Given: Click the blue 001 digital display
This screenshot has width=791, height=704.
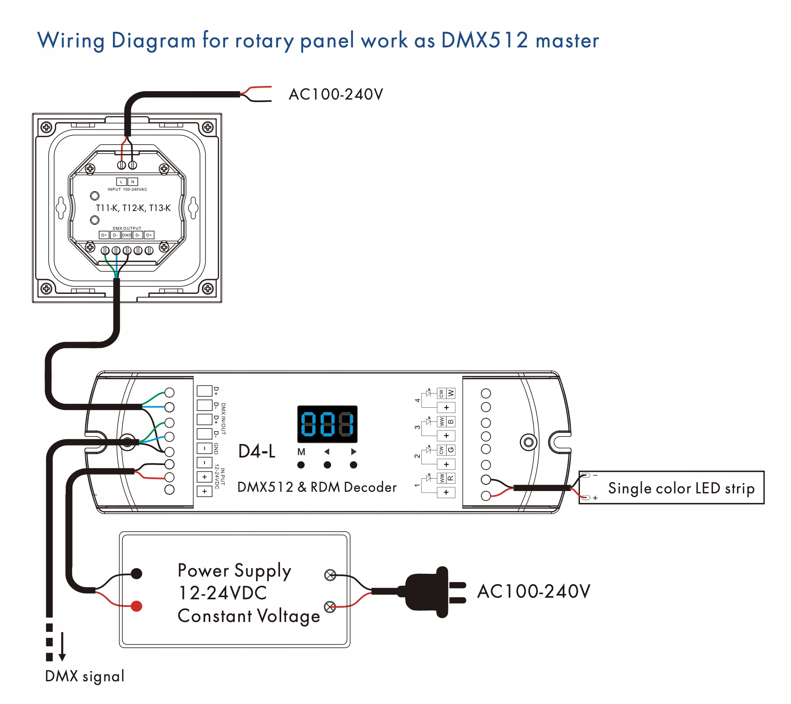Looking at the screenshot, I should point(327,424).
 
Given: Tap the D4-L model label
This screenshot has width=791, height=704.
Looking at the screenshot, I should point(257,452).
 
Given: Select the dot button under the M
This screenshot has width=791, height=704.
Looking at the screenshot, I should point(301,465).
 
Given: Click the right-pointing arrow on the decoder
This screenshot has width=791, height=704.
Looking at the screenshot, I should point(353,452).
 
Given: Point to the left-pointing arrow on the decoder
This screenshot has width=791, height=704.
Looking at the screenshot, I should point(327,452).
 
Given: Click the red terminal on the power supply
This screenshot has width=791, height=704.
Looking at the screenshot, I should point(137,606).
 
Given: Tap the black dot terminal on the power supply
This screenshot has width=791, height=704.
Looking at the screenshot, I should point(137,573).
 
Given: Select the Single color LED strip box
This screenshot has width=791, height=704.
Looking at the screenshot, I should point(671,487).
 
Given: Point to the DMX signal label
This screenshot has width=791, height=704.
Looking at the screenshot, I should point(85,676).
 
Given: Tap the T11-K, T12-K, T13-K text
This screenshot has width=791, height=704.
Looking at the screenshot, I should point(133,208).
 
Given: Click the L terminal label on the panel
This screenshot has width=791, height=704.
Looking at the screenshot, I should point(121,182).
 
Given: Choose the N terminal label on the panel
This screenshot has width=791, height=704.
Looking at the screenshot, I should point(133,182).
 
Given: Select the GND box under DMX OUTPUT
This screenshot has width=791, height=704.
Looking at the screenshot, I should point(127,235).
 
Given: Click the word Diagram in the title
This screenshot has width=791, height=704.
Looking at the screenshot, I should point(154,41).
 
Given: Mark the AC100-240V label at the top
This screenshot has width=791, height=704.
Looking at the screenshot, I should point(336,94).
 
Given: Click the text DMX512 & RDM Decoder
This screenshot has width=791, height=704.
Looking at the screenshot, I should point(317,487).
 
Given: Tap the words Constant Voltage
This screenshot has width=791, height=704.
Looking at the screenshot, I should point(249,616).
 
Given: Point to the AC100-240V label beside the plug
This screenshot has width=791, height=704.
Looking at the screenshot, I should point(534,591).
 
